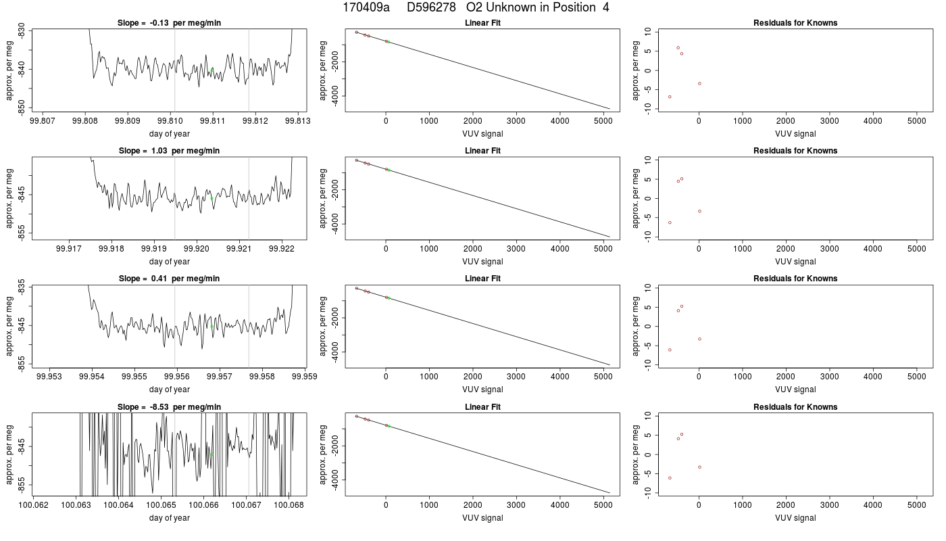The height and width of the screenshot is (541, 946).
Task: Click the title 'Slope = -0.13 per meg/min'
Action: coord(169,23)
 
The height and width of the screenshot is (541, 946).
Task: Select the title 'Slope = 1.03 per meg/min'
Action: coord(169,150)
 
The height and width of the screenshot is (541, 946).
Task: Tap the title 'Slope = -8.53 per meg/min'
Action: coord(169,406)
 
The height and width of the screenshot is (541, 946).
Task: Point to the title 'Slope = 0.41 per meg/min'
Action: coord(169,279)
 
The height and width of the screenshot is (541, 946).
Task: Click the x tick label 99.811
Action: coord(212,121)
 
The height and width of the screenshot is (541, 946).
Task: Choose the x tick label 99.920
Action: coord(197,249)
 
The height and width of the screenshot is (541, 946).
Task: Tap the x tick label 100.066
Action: coord(203,504)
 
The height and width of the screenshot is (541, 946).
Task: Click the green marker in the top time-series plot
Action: coord(212,70)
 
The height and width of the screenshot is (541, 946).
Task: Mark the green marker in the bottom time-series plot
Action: coord(211,454)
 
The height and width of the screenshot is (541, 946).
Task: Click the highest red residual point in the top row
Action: coord(678,48)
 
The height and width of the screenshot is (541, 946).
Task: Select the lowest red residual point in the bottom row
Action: coord(670,478)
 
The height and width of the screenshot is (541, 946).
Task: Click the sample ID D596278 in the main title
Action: coord(431,7)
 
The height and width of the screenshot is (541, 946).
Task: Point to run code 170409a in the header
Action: coord(366,7)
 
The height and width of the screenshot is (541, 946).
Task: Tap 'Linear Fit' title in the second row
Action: coord(482,150)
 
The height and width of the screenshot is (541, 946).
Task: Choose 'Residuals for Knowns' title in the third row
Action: coord(795,279)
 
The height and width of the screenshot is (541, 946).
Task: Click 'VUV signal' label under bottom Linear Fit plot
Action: coord(482,518)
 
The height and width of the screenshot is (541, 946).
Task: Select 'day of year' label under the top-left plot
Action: coord(170,134)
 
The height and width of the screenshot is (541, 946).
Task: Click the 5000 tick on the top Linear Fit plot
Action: coord(603,121)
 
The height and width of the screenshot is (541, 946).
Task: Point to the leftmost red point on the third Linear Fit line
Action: coord(357,288)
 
